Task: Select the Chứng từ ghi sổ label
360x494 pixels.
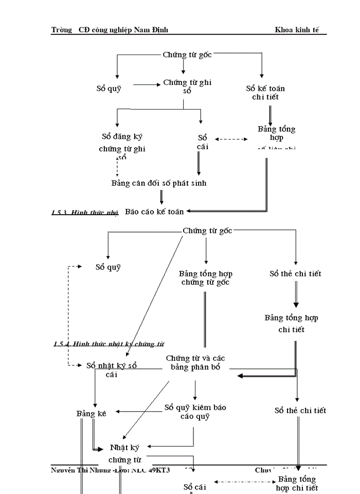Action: point(187,86)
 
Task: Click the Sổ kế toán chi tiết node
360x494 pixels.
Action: point(265,93)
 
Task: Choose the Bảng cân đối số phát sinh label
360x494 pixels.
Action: point(159,183)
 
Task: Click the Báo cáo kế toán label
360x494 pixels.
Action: point(154,211)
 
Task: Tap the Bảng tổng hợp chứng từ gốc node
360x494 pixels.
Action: point(205,278)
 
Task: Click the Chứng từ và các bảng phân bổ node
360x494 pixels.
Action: point(195,363)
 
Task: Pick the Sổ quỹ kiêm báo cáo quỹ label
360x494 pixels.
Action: point(195,412)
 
